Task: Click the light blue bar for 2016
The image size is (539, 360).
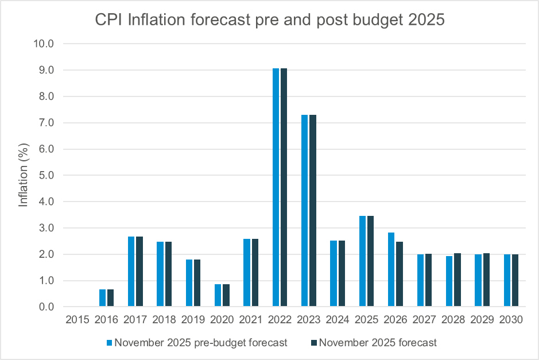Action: (x=102, y=298)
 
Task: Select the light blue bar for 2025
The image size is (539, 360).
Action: (x=362, y=261)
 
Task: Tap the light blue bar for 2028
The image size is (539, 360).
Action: (x=449, y=281)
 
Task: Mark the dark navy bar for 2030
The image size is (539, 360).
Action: (x=515, y=281)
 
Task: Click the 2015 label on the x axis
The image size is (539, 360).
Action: (x=76, y=320)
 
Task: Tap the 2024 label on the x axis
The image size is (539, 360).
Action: (x=338, y=320)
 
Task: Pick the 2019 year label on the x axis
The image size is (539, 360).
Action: (x=192, y=320)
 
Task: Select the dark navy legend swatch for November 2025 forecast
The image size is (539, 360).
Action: (x=313, y=343)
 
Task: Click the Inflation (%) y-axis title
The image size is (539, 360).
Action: (x=23, y=175)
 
